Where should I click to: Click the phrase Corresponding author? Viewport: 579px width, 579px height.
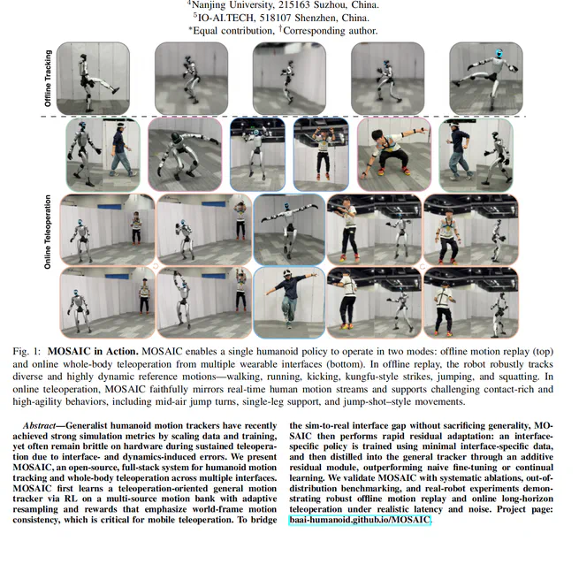pos(331,30)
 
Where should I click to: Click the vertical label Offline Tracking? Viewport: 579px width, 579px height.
pos(49,79)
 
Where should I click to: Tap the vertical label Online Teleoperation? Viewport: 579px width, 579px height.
pos(49,232)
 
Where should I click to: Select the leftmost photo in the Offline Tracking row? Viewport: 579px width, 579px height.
pos(93,79)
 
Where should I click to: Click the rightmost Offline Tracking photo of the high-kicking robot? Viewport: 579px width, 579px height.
pos(485,79)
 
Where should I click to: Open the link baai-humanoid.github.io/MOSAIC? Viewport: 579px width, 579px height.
pos(360,520)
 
